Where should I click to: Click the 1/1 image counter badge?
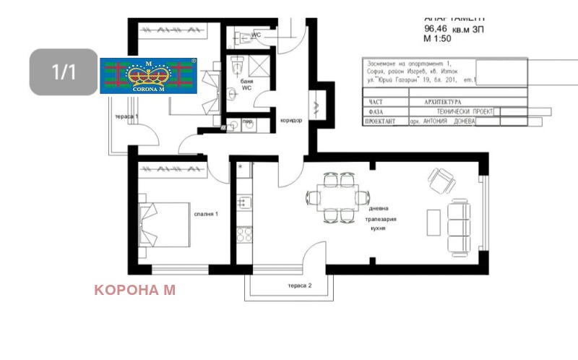[x=63, y=72]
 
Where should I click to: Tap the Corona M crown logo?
[x=148, y=76]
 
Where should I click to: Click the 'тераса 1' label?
[x=126, y=116]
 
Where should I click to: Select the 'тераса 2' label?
[x=300, y=286]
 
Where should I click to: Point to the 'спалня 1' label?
[x=206, y=214]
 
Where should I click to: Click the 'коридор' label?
[x=290, y=120]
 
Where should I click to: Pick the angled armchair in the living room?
[x=439, y=180]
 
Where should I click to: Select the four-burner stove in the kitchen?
[x=244, y=234]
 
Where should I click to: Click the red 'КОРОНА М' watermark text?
[x=134, y=290]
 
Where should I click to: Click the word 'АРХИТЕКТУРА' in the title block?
[x=435, y=103]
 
